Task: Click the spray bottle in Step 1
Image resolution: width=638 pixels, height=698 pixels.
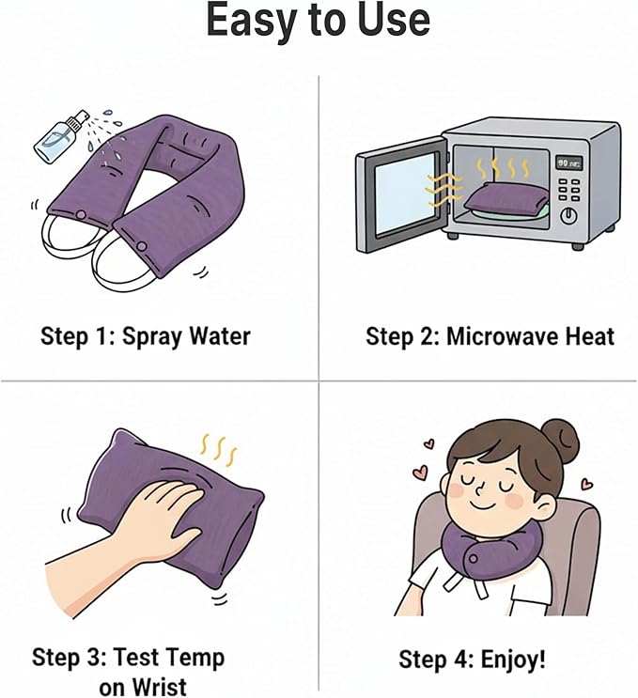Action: point(60,137)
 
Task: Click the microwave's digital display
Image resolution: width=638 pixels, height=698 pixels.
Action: point(569,163)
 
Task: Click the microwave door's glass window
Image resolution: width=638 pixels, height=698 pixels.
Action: point(404,194)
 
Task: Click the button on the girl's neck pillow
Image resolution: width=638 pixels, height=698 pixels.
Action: point(474,559)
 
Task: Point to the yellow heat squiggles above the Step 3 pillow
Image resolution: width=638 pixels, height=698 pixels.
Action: point(219,450)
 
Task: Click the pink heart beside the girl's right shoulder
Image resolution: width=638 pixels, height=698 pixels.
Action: point(587,483)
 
